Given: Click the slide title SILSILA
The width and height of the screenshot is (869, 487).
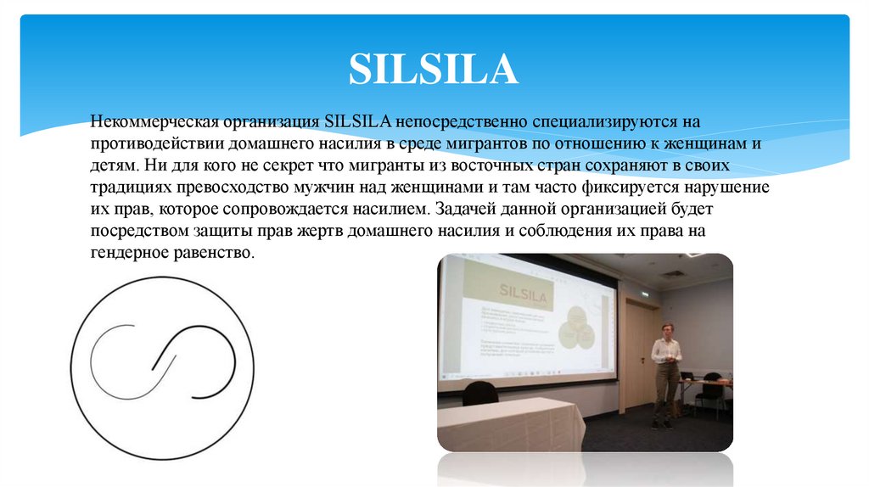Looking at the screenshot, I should point(434,70).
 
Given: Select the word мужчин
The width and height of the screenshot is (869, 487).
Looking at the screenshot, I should point(323,188).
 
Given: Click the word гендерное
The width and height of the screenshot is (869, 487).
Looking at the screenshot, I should point(126,253).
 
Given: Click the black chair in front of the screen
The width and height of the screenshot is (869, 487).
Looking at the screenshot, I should point(480,394).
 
